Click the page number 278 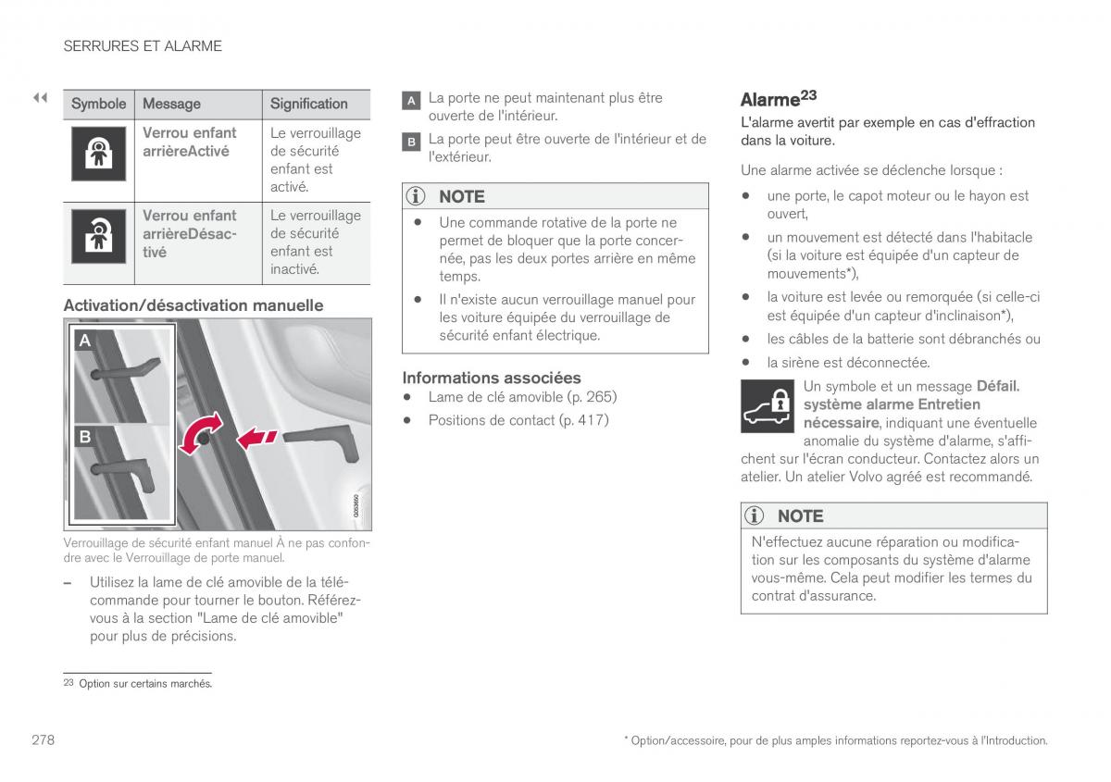[x=43, y=740]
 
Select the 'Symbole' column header [x=98, y=104]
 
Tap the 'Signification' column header [x=308, y=104]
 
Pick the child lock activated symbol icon [x=97, y=155]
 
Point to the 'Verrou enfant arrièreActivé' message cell [x=190, y=142]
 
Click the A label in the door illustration [x=85, y=341]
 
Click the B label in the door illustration [x=85, y=436]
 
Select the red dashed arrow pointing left [x=256, y=437]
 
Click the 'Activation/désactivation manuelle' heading [x=193, y=305]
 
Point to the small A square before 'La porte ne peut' [x=411, y=100]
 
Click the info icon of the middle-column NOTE [x=417, y=196]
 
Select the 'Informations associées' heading [x=492, y=378]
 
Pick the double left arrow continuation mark [x=40, y=97]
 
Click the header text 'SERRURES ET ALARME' [x=143, y=45]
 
